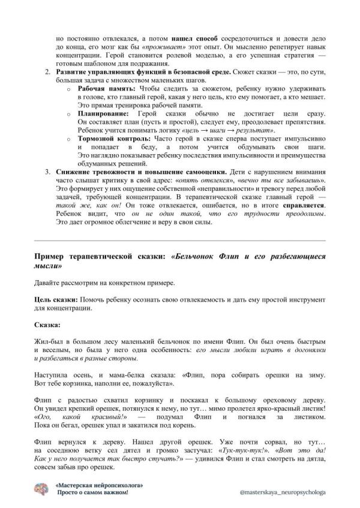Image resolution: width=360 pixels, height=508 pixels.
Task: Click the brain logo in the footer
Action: click(x=41, y=489)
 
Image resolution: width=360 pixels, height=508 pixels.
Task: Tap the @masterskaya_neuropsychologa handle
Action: click(x=282, y=491)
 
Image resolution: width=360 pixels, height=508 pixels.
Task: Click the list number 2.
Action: click(x=48, y=72)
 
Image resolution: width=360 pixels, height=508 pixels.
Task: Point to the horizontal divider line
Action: click(x=180, y=241)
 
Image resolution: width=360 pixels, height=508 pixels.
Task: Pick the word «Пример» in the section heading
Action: click(x=51, y=256)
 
